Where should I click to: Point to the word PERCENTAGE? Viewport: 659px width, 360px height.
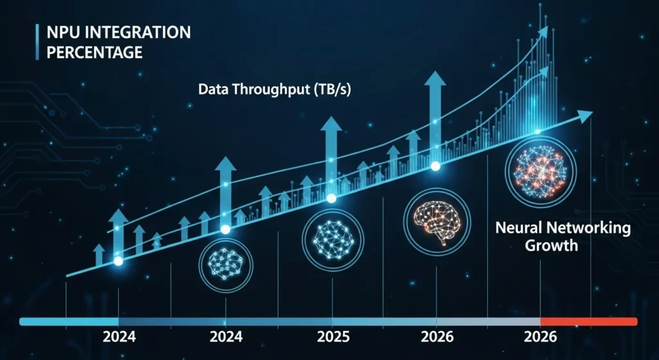point(95,52)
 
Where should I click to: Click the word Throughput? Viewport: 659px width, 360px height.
point(264,90)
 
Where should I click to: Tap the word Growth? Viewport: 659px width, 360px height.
point(552,245)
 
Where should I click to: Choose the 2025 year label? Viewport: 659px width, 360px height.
point(333,337)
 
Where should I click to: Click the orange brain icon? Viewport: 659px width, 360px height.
point(435,222)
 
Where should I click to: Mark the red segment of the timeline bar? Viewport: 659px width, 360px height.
point(589,321)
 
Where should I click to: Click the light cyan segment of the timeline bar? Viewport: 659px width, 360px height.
point(70,321)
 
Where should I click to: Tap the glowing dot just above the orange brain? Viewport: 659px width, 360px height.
point(435,166)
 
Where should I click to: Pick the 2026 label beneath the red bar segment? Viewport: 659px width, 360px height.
point(541,337)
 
